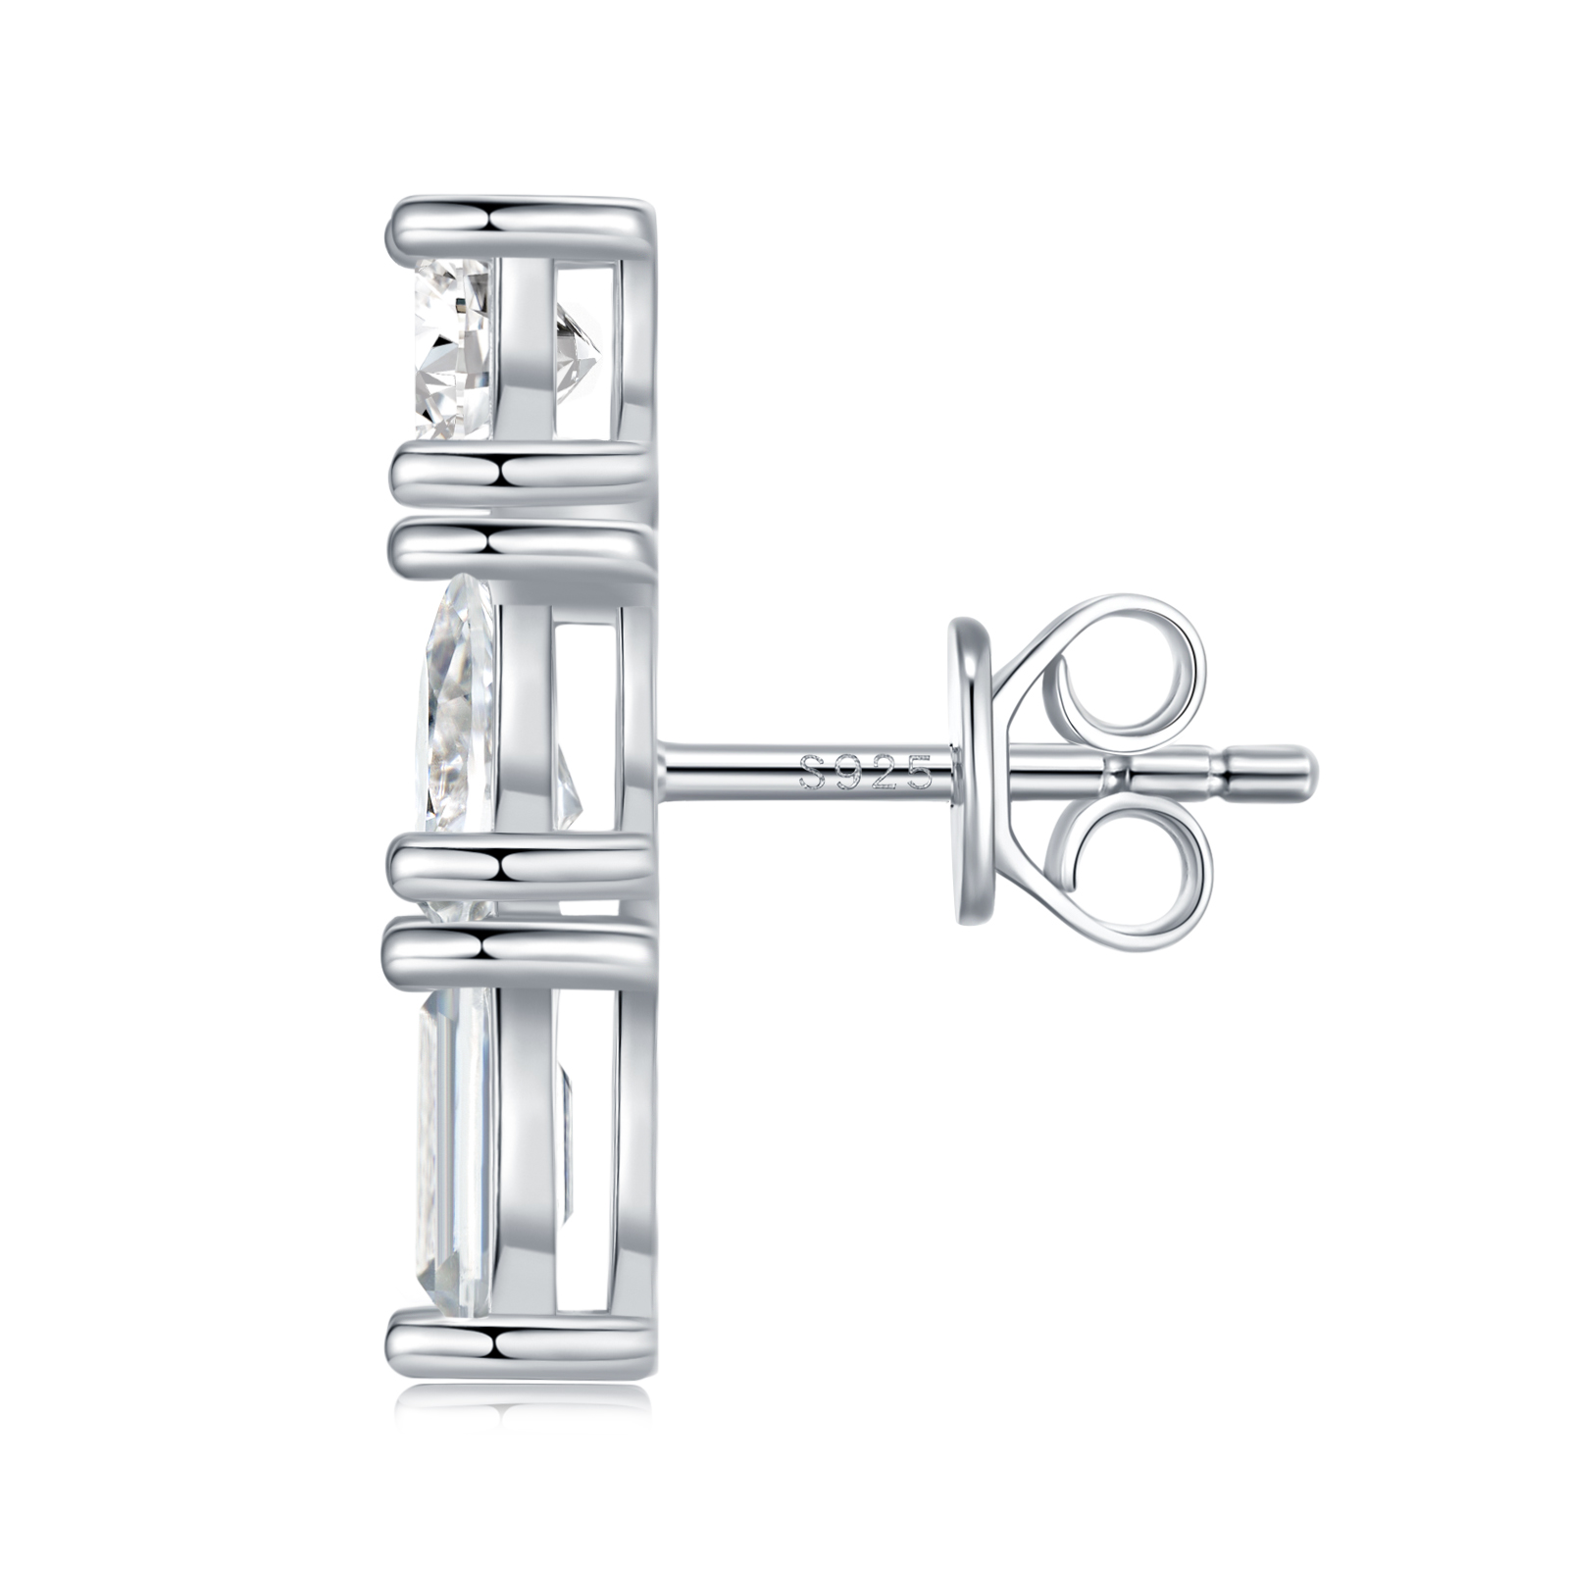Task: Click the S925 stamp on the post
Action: click(x=865, y=773)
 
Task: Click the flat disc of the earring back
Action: click(x=971, y=771)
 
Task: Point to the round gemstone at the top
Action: click(x=452, y=348)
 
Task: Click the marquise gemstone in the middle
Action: click(x=457, y=745)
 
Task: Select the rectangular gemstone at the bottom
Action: click(x=455, y=1152)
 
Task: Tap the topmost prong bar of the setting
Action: click(x=521, y=231)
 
